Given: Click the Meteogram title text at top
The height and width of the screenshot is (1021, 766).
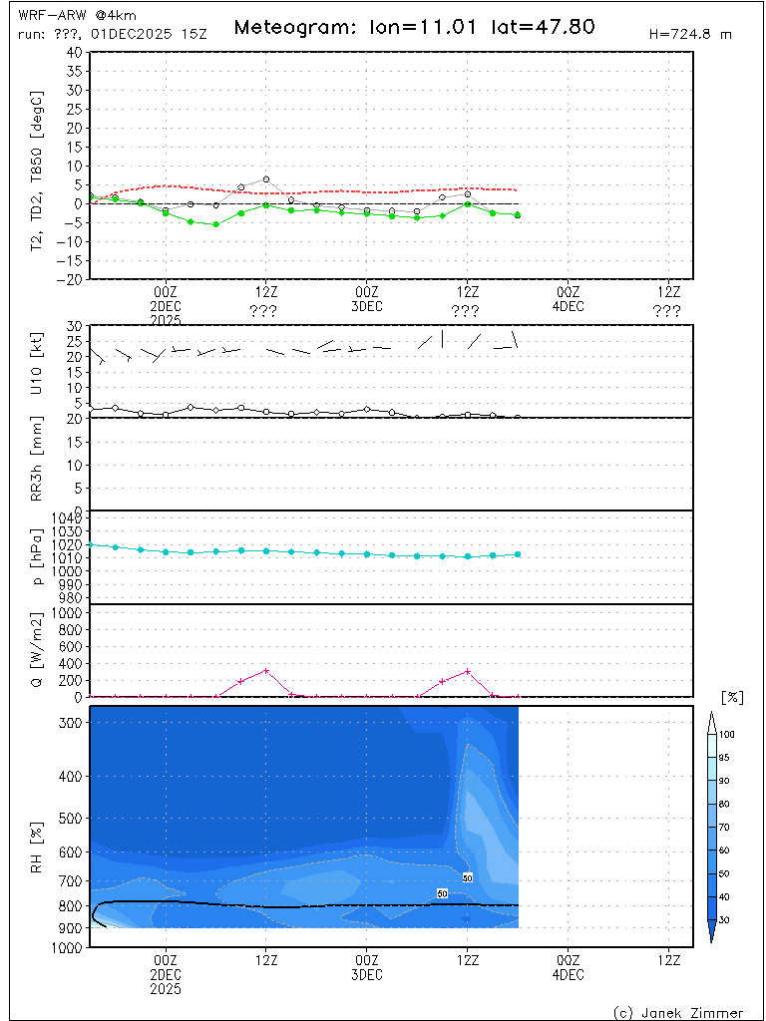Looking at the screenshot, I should click(414, 27).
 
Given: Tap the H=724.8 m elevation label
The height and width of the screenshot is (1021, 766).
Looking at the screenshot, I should click(690, 34).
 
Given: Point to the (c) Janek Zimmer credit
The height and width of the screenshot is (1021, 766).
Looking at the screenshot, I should click(678, 1012).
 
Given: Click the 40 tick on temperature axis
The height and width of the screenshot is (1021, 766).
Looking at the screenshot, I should click(73, 52).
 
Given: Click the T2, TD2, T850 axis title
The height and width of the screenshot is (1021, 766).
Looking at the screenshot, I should click(37, 166).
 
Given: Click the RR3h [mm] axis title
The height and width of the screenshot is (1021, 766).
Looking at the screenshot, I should click(37, 465).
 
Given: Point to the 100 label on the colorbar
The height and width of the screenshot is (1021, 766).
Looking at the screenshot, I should click(728, 734).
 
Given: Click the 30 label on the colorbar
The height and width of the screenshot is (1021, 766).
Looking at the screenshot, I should click(728, 919).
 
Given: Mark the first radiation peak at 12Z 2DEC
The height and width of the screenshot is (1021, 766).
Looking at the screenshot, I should click(266, 670).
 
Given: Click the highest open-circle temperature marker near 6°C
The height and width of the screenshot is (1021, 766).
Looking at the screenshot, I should click(266, 179).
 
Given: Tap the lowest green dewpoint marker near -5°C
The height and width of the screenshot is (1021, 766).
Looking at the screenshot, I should click(215, 224).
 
